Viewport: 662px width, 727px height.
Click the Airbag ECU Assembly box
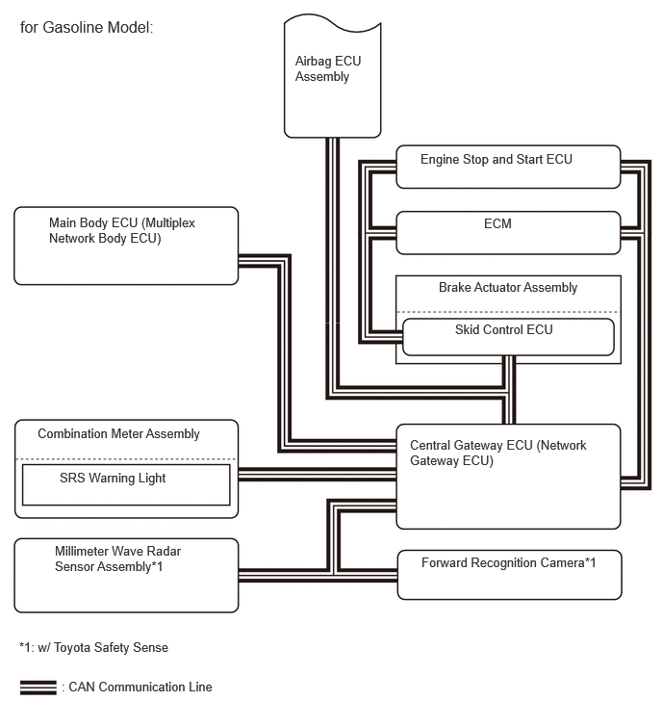[x=332, y=76]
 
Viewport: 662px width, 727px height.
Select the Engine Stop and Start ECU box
[x=508, y=167]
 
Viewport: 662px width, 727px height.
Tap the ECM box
[x=508, y=233]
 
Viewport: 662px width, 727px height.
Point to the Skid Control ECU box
[x=508, y=337]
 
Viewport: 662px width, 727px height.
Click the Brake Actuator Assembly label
[x=508, y=288]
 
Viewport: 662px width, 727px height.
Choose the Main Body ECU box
[x=126, y=246]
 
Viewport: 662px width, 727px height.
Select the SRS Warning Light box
[x=126, y=484]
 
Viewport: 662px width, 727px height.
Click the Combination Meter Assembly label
[x=118, y=434]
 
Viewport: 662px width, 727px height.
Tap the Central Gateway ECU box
[x=508, y=477]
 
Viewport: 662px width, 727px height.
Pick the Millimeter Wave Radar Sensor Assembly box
[x=126, y=576]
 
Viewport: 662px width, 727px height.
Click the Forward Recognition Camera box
[x=510, y=575]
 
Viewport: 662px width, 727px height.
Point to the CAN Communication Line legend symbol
[x=38, y=688]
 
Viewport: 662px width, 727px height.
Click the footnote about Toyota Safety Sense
[x=93, y=647]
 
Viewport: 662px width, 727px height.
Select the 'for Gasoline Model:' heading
[x=87, y=27]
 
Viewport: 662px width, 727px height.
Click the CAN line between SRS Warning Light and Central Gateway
[x=318, y=475]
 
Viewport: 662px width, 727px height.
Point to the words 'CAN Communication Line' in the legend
[x=140, y=688]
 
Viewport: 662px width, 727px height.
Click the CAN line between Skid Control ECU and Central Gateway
[x=509, y=390]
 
